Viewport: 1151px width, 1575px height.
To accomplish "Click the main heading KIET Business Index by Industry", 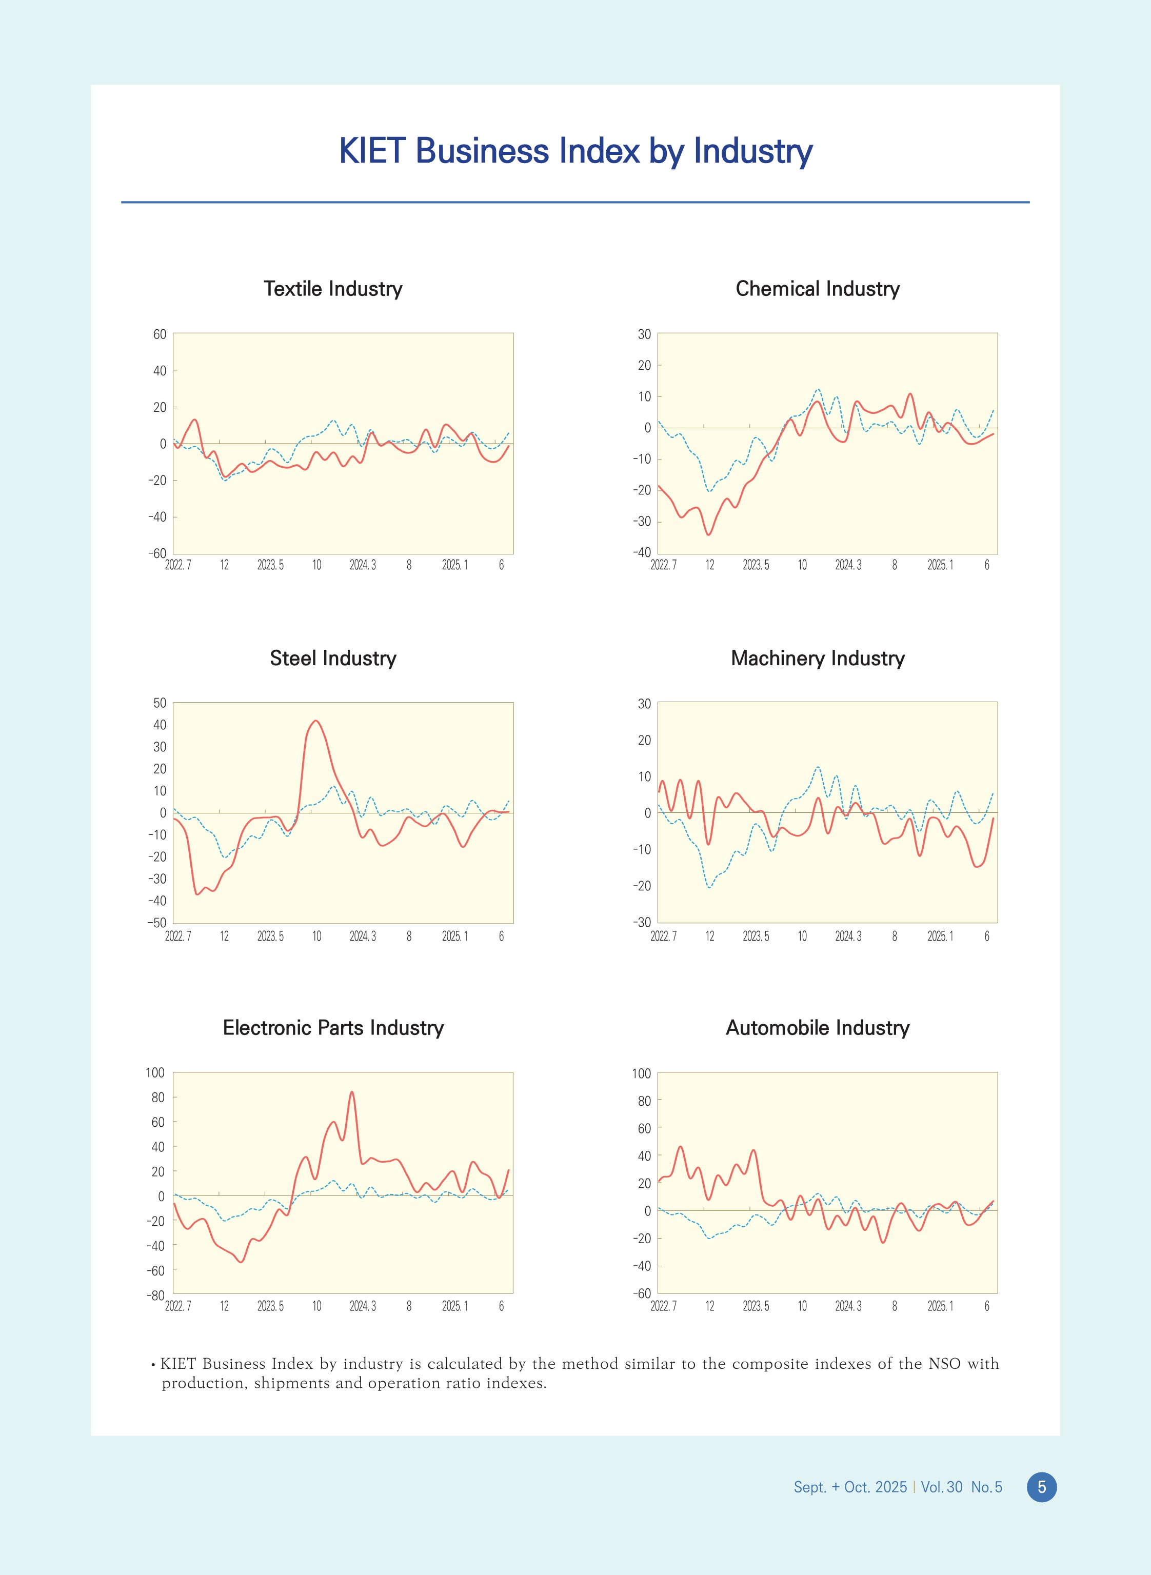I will pos(575,151).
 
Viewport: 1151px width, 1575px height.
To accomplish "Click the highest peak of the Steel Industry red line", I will pos(315,721).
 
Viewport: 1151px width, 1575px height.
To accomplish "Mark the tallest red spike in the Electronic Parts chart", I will pos(352,1092).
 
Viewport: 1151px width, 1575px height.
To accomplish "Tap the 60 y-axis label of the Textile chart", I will pos(160,334).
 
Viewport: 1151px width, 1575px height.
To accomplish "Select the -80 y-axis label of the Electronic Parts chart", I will pos(155,1295).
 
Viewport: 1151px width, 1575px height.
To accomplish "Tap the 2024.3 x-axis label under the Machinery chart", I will pos(848,936).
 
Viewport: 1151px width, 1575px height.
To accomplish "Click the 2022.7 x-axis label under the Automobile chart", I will pos(663,1306).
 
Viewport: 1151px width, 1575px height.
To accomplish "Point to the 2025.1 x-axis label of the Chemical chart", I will pos(940,565).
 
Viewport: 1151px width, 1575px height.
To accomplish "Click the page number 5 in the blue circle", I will pos(1042,1487).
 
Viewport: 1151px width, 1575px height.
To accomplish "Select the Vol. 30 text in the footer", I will pos(942,1487).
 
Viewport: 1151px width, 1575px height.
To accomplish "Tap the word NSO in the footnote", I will pos(944,1363).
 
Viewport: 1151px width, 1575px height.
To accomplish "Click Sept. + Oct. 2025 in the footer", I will pos(850,1487).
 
